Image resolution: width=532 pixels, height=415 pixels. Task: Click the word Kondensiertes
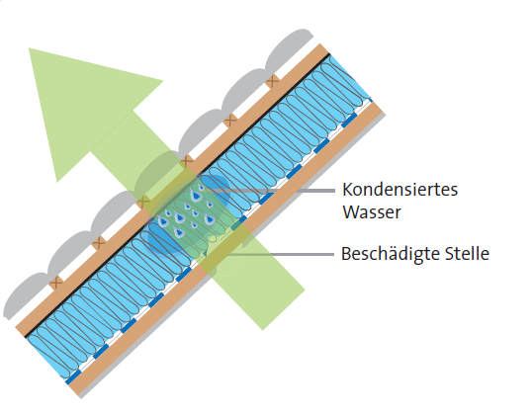coord(400,190)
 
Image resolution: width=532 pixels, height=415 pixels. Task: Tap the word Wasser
coord(372,212)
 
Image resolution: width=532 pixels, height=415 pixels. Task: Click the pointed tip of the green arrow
coord(29,48)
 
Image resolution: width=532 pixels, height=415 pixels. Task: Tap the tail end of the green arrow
coord(284,309)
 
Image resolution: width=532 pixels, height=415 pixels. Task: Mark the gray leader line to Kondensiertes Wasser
coord(268,191)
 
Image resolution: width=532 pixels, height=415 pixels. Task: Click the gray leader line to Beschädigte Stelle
coord(283,254)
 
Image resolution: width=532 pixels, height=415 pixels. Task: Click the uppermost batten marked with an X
coord(273,81)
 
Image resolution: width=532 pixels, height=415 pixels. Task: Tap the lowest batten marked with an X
coord(56,283)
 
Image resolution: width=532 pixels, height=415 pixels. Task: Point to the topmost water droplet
coord(201,187)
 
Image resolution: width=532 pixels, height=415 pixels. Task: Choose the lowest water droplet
coord(178,232)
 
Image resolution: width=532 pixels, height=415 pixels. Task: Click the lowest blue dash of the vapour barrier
coord(73,376)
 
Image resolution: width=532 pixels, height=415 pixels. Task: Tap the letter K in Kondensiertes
coord(347,190)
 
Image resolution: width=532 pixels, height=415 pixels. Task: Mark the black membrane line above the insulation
coord(177,195)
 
